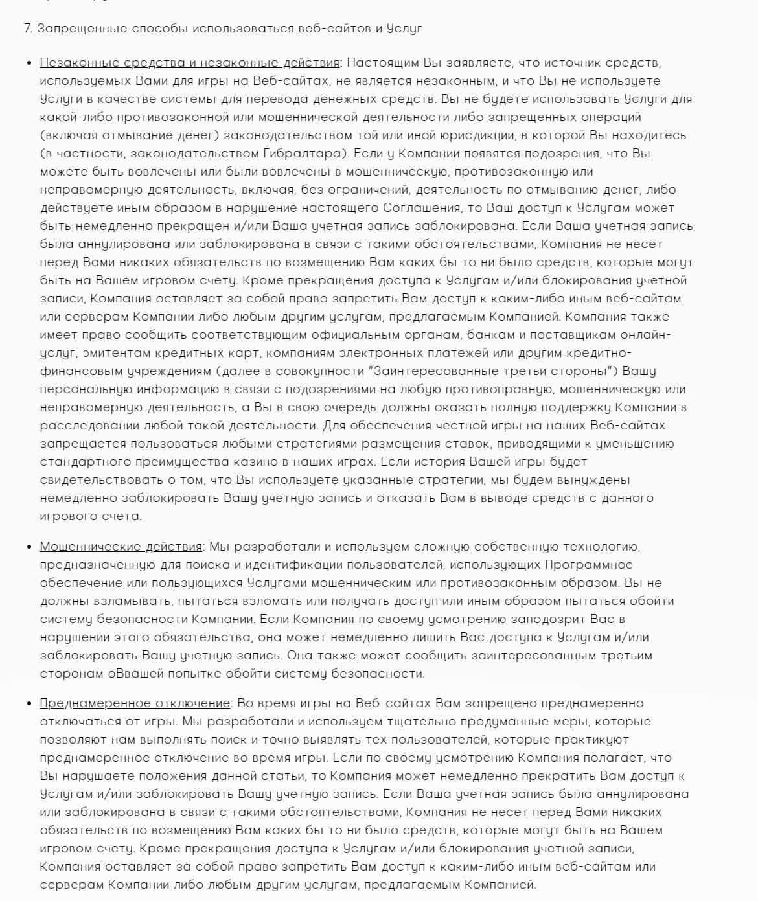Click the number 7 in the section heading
[27, 29]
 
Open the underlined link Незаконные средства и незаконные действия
[189, 63]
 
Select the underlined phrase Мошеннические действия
[121, 547]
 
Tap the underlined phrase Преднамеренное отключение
[135, 703]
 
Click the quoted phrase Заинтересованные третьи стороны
[491, 371]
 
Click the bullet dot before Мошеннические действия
[29, 547]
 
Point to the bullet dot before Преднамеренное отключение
[29, 704]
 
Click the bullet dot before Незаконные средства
[29, 63]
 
